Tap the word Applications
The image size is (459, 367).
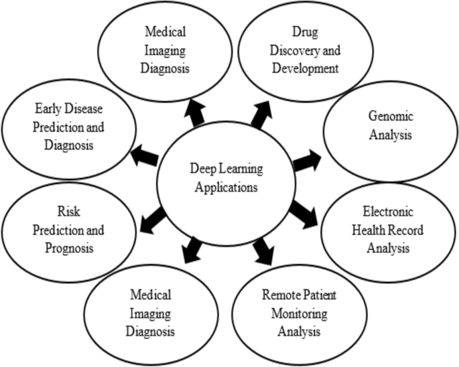pyautogui.click(x=226, y=188)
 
